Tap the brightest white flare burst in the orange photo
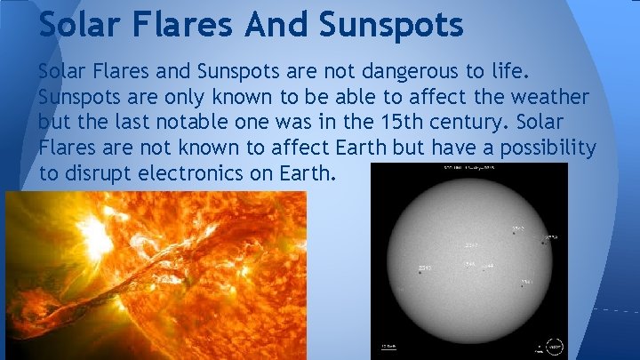89,233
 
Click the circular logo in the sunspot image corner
554,346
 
